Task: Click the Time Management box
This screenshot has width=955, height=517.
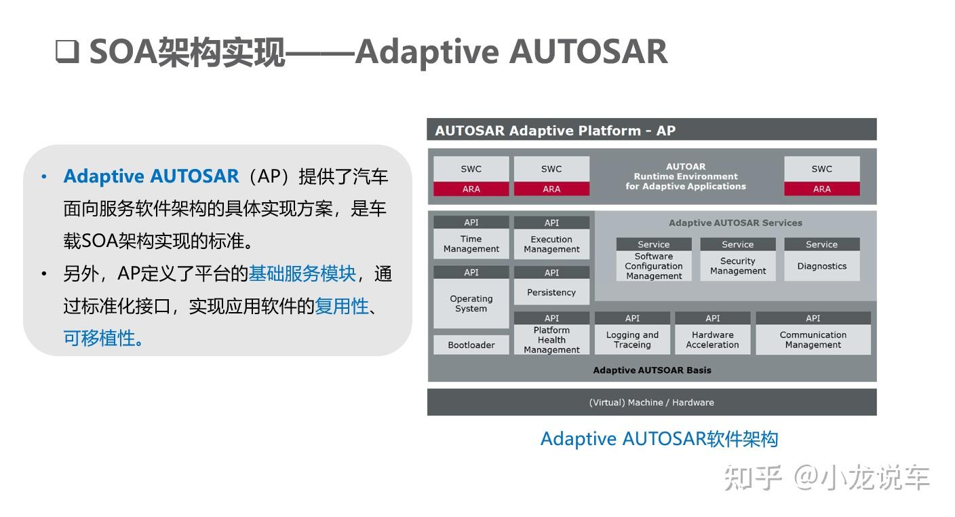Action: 471,244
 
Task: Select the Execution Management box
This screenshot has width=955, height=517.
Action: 551,244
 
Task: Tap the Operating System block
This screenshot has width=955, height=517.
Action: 471,303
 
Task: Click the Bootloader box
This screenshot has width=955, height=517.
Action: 471,345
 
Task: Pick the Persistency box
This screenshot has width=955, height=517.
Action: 551,292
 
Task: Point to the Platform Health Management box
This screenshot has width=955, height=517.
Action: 551,339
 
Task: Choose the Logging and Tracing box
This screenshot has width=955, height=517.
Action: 632,339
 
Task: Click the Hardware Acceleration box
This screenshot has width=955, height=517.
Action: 712,339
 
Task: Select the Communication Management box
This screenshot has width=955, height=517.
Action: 813,339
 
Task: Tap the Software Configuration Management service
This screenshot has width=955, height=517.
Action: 654,266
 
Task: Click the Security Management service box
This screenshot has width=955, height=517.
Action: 737,266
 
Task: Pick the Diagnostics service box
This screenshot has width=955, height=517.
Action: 821,266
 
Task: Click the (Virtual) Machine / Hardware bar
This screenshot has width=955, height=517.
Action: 651,402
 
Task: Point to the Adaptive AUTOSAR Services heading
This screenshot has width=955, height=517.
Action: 735,223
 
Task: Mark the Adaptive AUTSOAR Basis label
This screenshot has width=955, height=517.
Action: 652,370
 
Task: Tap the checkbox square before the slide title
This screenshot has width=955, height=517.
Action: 67,52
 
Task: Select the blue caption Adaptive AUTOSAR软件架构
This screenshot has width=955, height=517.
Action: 659,439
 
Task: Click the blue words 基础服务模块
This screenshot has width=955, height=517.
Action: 302,273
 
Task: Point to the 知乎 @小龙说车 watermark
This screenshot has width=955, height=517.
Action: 826,478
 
